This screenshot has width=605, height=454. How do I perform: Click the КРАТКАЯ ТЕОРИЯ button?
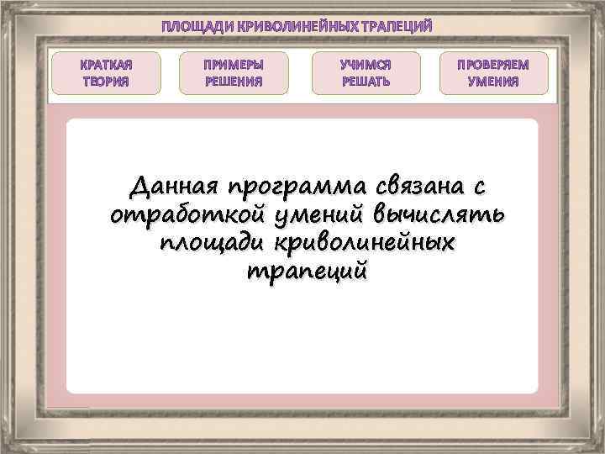click(106, 72)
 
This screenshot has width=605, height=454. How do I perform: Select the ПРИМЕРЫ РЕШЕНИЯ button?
click(234, 72)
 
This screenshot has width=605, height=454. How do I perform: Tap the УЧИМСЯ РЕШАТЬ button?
click(366, 72)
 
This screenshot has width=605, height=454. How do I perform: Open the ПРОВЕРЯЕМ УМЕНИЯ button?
click(493, 72)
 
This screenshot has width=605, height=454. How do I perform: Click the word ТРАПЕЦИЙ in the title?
click(396, 27)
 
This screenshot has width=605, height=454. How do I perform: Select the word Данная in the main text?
click(173, 185)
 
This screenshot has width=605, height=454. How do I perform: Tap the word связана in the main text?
click(429, 185)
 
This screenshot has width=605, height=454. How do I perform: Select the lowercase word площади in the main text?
click(210, 244)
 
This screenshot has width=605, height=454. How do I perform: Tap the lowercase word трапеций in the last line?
click(306, 273)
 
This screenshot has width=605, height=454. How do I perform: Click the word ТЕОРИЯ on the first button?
click(106, 82)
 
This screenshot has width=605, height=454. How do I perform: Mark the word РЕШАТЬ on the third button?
click(366, 82)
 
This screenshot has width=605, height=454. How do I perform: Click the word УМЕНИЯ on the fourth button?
click(493, 82)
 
